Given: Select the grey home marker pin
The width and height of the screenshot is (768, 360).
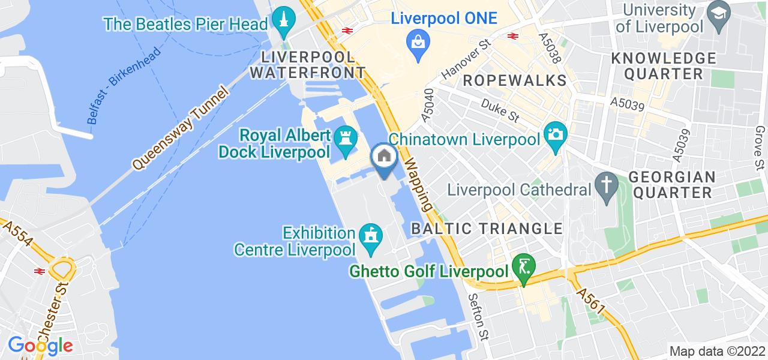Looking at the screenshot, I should (x=384, y=157).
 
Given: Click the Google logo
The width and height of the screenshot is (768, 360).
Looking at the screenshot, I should (x=40, y=346).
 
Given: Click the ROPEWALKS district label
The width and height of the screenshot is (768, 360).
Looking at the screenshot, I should (x=514, y=80).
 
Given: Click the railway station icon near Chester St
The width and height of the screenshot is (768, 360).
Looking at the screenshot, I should (x=40, y=271).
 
